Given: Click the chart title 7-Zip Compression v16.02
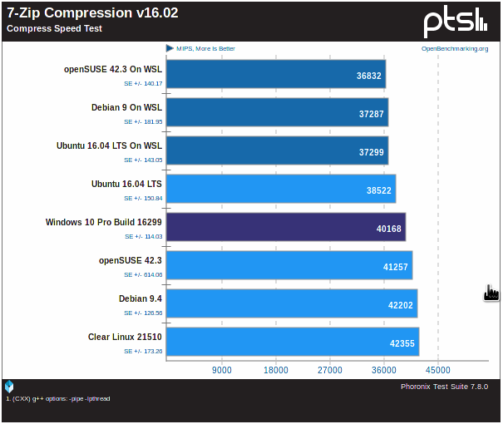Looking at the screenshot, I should pyautogui.click(x=92, y=13).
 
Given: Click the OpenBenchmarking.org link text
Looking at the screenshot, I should pyautogui.click(x=455, y=49).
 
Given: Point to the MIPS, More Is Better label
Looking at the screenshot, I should pyautogui.click(x=205, y=49).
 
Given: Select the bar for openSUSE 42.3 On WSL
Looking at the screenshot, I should pyautogui.click(x=275, y=74).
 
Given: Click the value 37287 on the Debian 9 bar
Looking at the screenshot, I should pyautogui.click(x=371, y=113).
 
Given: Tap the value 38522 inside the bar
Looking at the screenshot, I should pyautogui.click(x=378, y=190).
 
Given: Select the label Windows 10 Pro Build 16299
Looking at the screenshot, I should pyautogui.click(x=104, y=222).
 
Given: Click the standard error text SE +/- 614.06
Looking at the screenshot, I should pyautogui.click(x=143, y=274).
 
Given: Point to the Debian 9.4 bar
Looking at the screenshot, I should pyautogui.click(x=291, y=303).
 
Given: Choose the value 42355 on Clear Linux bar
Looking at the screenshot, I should pyautogui.click(x=402, y=343).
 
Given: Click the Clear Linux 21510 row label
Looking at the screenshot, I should pyautogui.click(x=125, y=337).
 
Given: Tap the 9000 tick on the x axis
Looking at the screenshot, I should pyautogui.click(x=221, y=370).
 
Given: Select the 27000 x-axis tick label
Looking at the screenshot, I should pyautogui.click(x=329, y=370).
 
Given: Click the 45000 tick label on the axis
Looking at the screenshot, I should pyautogui.click(x=438, y=370).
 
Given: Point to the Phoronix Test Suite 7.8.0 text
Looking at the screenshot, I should pyautogui.click(x=444, y=387).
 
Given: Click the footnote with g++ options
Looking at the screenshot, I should pyautogui.click(x=58, y=399).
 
